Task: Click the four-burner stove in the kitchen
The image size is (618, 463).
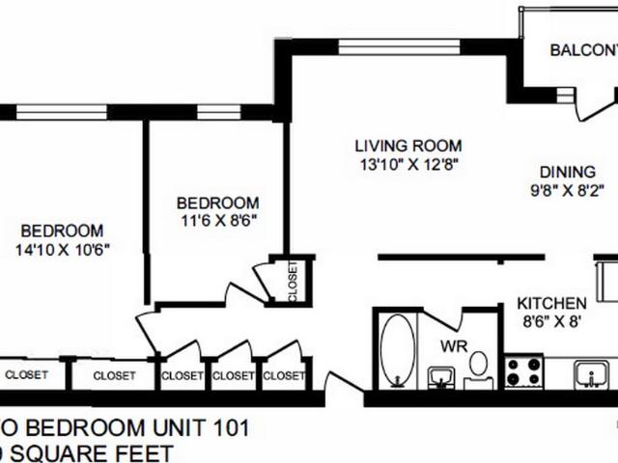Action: [x=524, y=371]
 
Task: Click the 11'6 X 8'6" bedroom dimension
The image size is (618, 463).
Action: [x=217, y=221]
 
